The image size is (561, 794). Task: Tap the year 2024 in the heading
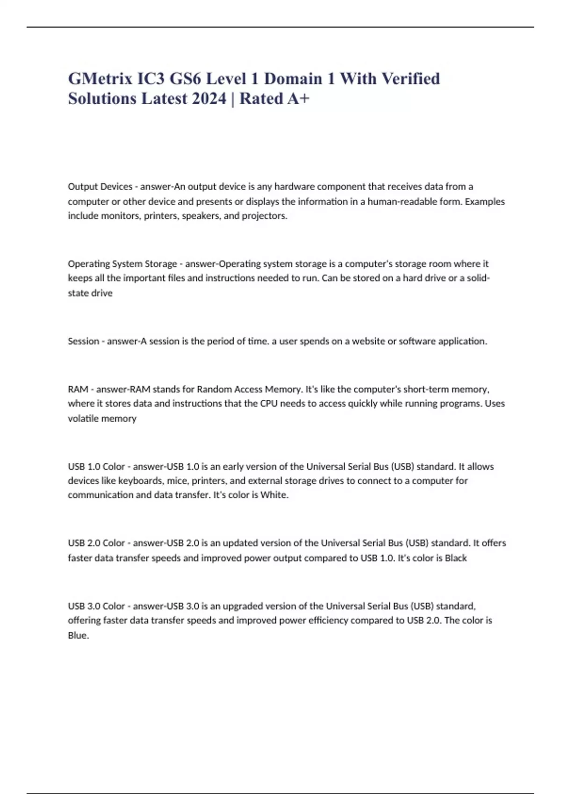(x=209, y=99)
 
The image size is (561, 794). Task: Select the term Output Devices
(x=100, y=187)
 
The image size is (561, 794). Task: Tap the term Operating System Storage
(x=122, y=264)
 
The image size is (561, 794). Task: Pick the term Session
(x=83, y=341)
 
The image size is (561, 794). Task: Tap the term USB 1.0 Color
(x=96, y=467)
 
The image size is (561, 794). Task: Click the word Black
(x=455, y=558)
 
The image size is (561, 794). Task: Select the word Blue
(x=78, y=635)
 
